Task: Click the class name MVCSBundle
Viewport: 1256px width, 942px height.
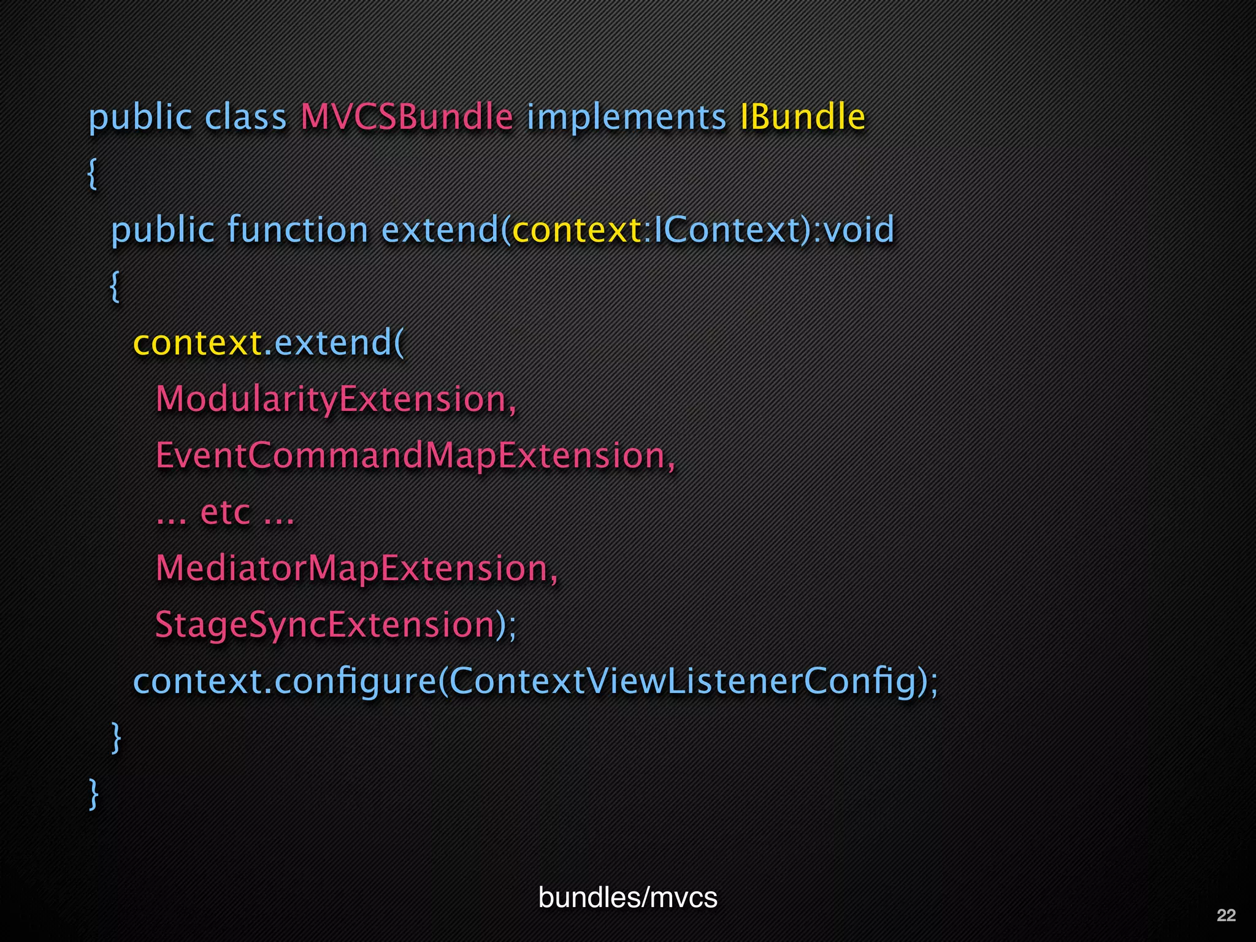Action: coord(407,117)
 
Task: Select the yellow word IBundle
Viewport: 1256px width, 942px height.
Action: coord(802,117)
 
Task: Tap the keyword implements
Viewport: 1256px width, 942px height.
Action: coord(626,118)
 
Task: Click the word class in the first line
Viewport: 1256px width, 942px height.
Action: coord(245,117)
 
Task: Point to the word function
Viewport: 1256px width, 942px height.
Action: coord(297,230)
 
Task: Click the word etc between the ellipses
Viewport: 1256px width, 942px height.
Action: coord(225,513)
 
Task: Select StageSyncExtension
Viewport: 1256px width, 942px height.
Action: coord(325,625)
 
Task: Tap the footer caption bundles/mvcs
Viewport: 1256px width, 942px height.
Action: coord(627,897)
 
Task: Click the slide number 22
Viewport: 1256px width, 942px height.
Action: coord(1226,915)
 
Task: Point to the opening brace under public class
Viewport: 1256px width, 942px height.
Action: coord(92,174)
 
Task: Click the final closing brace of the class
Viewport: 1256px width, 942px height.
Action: coord(93,795)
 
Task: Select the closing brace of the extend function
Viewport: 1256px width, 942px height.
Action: coord(115,738)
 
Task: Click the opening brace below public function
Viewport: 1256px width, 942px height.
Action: coord(115,287)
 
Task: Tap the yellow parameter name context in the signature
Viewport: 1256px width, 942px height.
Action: coord(576,230)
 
